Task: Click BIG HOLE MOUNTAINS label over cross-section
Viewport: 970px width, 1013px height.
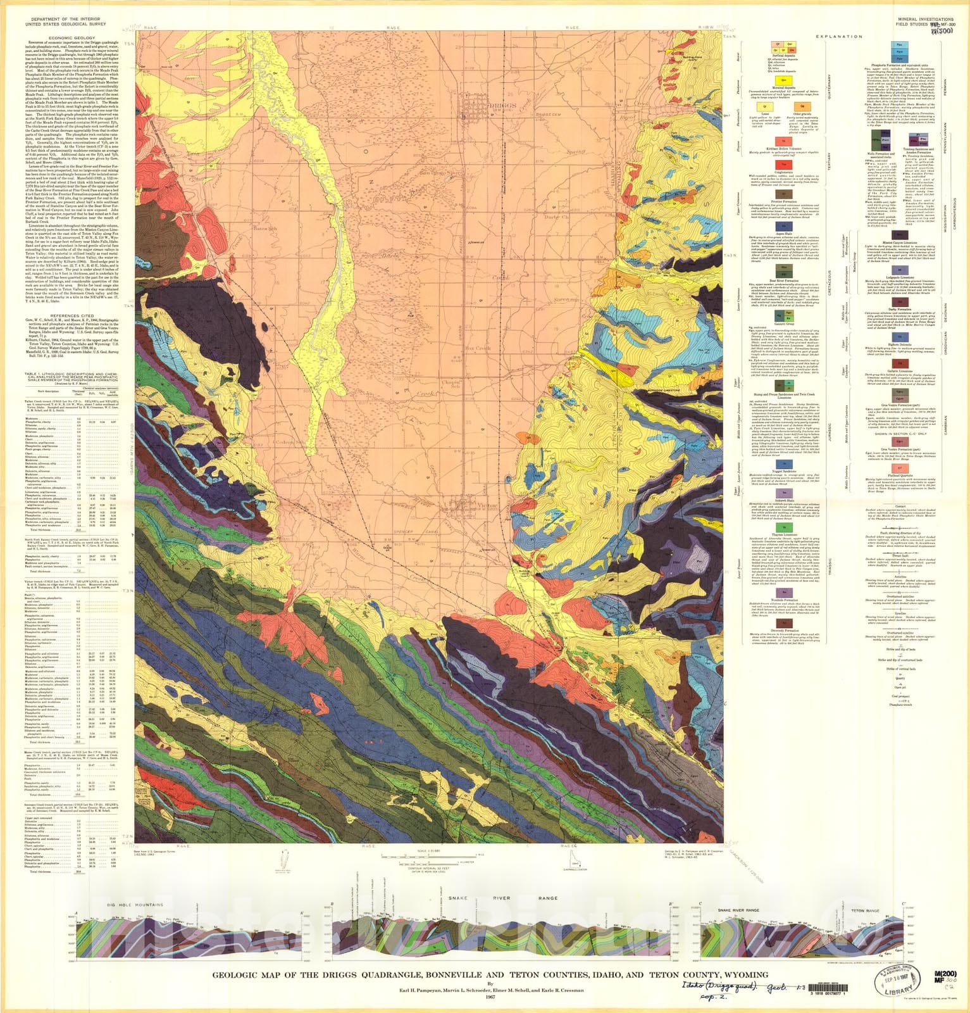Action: point(135,903)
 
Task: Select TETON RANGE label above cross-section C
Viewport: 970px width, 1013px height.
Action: point(865,910)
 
